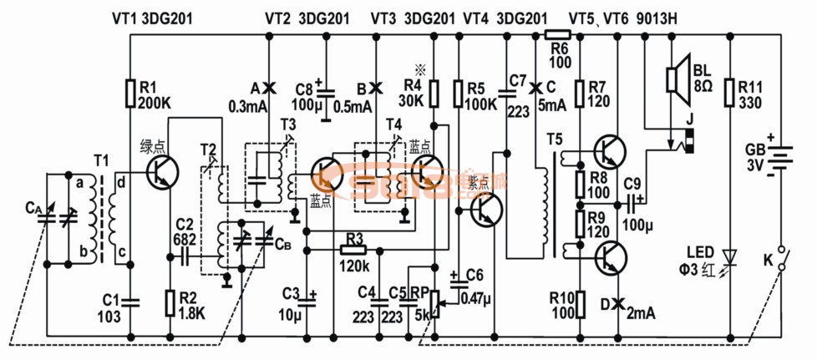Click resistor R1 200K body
(x=130, y=93)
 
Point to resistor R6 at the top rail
(x=557, y=34)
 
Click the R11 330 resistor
(x=729, y=93)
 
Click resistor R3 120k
(x=353, y=249)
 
